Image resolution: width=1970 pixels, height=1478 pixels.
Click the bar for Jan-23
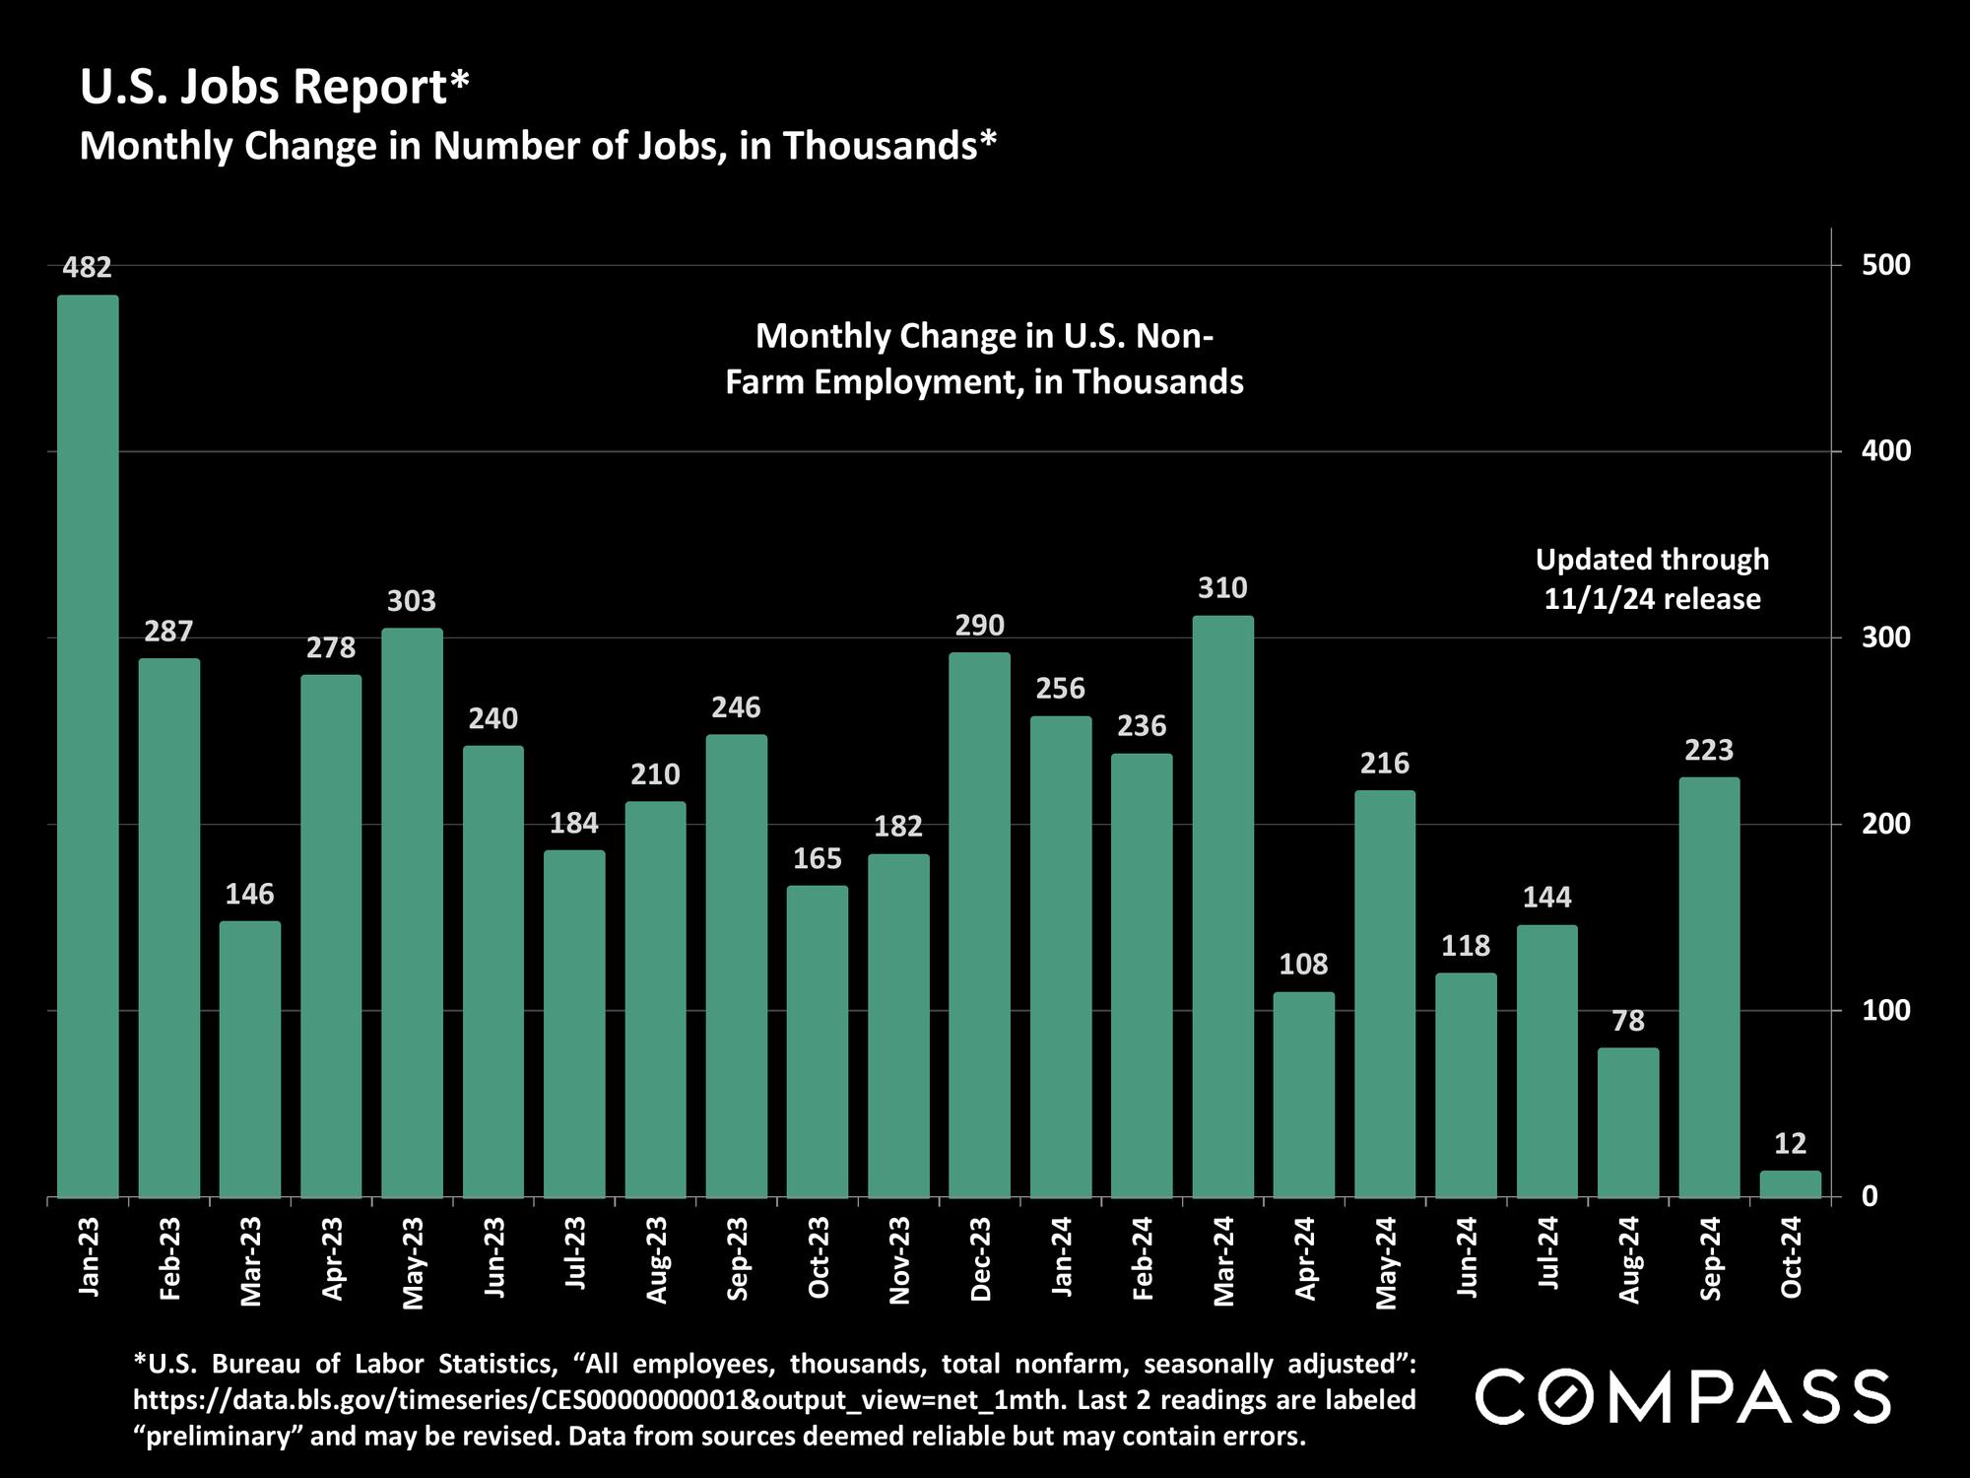click(x=88, y=746)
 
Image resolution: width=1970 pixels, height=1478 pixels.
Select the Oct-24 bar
click(x=1790, y=1184)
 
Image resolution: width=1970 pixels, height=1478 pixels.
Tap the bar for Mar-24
click(x=1222, y=907)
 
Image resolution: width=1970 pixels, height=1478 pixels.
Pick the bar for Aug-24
click(x=1627, y=1123)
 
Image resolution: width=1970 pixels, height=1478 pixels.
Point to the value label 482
click(x=88, y=267)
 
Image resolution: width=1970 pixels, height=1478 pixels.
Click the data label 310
click(x=1222, y=588)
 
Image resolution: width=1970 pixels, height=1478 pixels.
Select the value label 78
click(x=1628, y=1021)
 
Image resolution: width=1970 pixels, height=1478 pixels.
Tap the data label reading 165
click(x=818, y=859)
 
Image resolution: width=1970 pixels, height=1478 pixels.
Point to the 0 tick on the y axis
click(x=1869, y=1196)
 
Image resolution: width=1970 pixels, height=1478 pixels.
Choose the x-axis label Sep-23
click(x=738, y=1258)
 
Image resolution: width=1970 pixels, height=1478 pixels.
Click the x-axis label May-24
click(x=1386, y=1262)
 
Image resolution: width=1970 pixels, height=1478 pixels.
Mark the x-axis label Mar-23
click(x=251, y=1261)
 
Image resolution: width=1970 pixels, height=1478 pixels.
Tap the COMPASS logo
click(x=1682, y=1396)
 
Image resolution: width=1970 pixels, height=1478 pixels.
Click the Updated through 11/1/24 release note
click(x=1652, y=579)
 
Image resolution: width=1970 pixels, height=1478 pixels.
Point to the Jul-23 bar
click(x=574, y=1024)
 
